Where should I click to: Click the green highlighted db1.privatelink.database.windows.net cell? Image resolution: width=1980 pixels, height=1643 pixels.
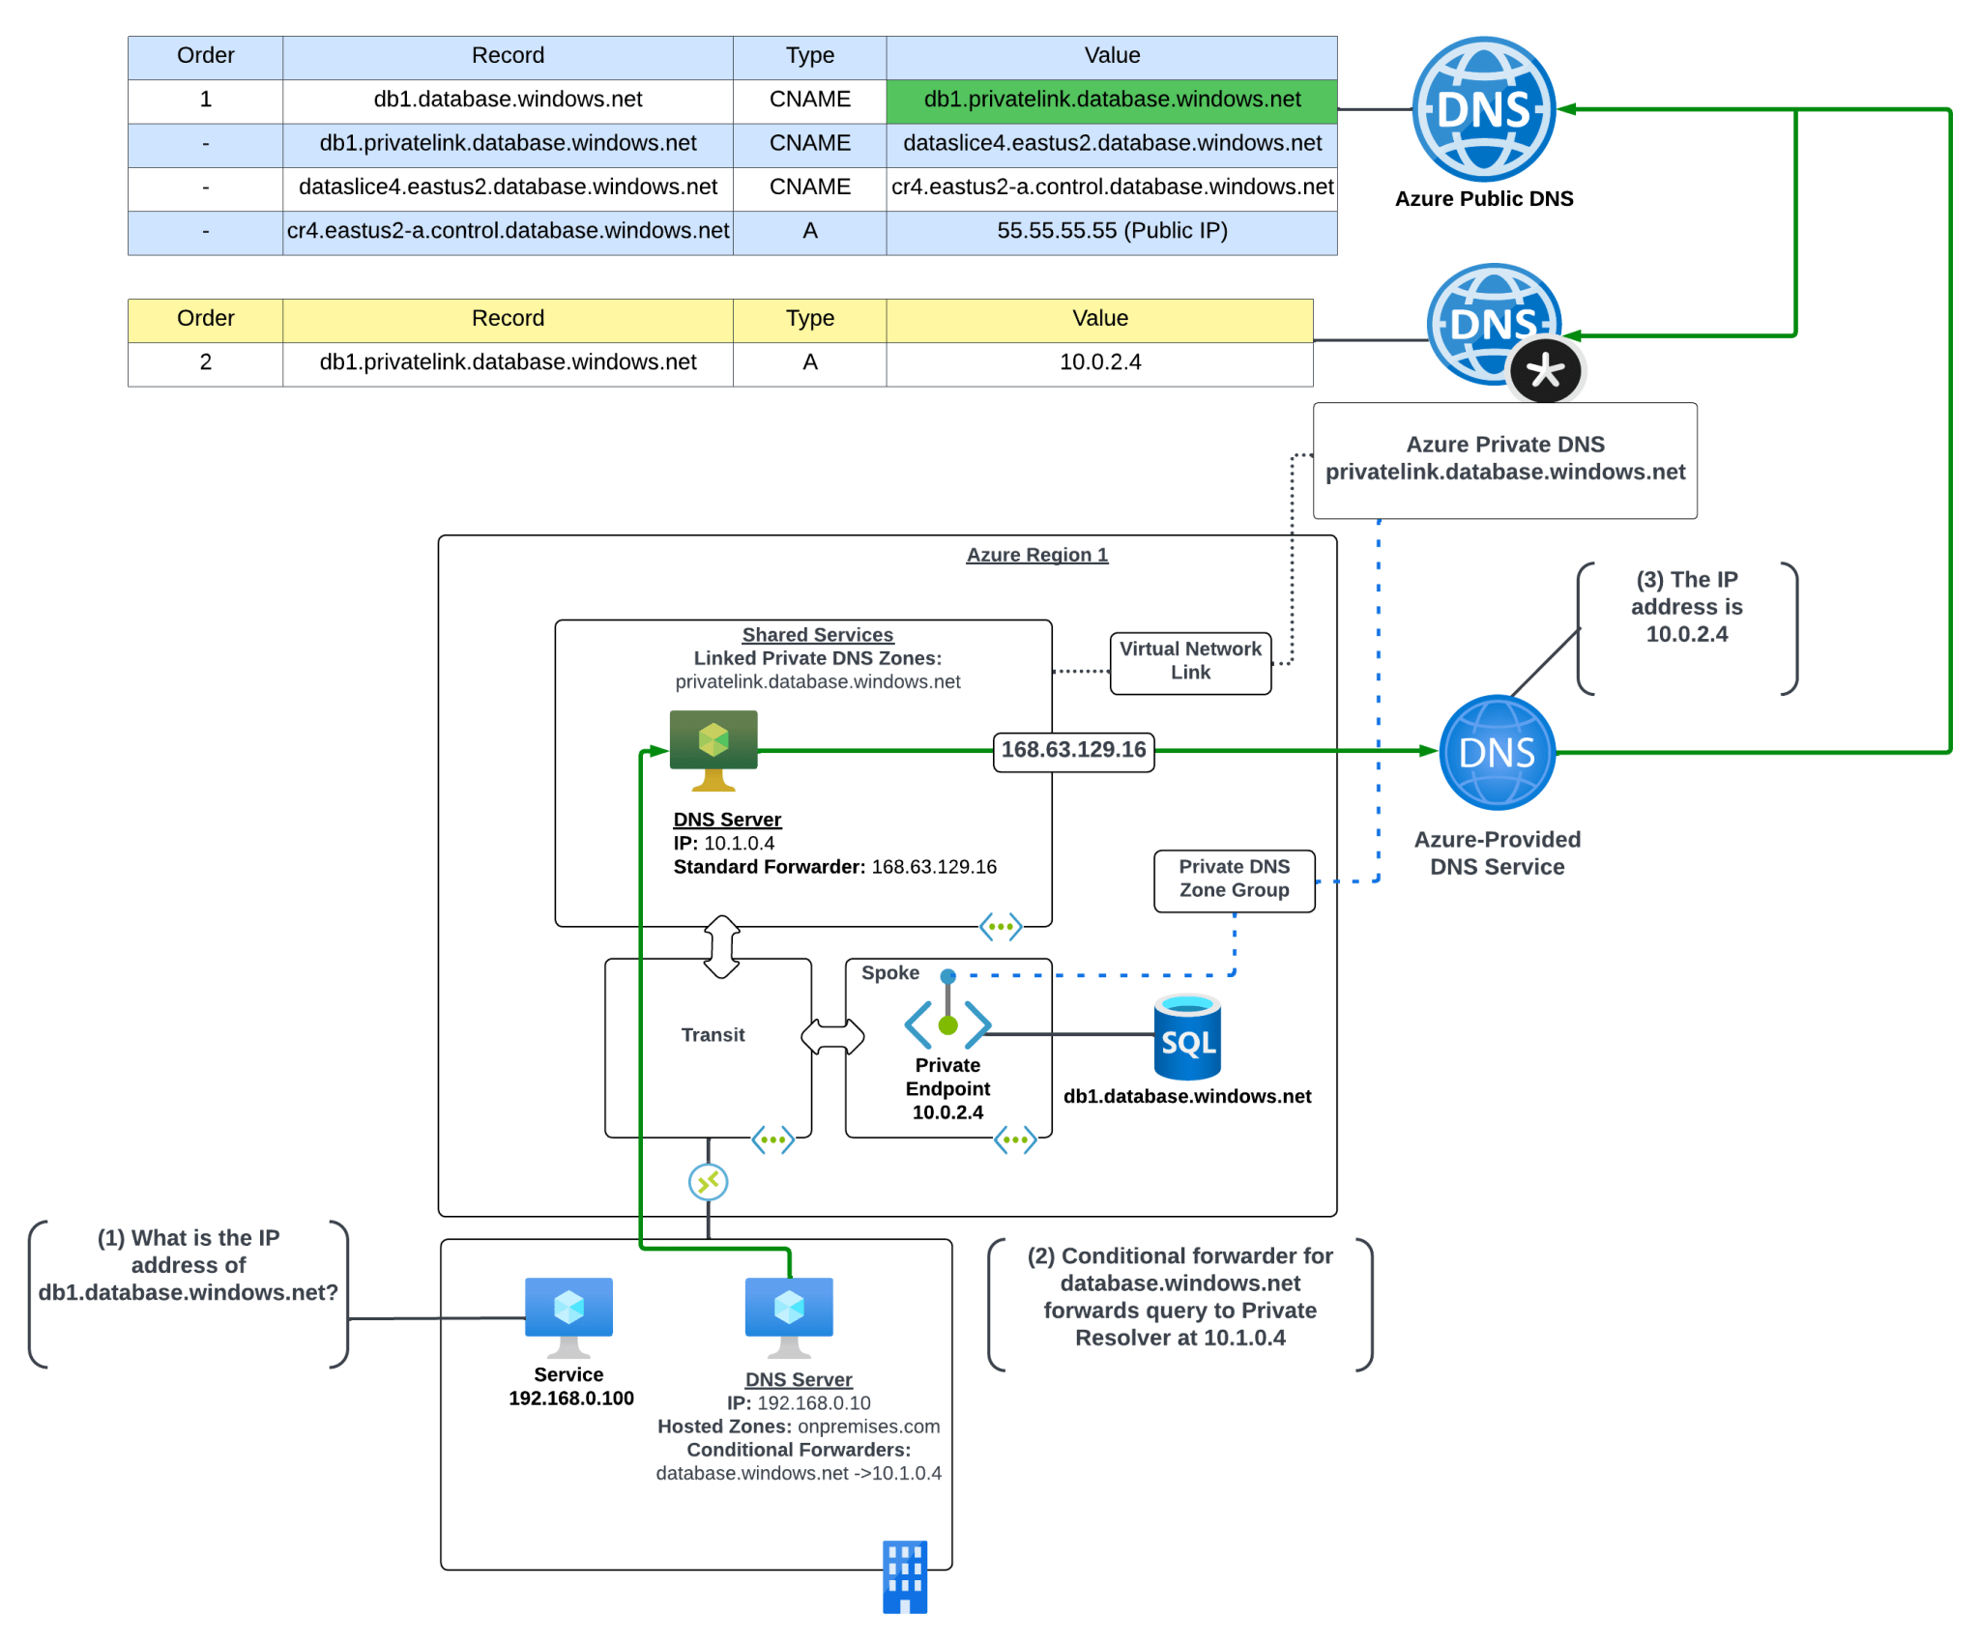1111,100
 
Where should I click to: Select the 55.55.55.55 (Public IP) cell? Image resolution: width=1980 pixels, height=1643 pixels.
1111,231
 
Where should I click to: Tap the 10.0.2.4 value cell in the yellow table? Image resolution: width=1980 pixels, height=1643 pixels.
1099,362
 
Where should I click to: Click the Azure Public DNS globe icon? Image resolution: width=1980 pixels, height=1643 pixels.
1483,109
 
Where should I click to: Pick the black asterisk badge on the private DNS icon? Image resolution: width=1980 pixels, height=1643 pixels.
1545,371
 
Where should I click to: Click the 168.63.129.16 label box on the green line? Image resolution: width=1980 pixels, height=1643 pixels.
1073,751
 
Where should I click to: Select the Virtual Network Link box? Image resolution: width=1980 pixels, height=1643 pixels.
1190,662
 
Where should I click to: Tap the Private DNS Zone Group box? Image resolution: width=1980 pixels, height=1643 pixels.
1234,879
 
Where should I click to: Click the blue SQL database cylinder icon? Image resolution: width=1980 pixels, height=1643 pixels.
1187,1038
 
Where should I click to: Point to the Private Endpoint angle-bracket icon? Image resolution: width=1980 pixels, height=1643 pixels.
947,1023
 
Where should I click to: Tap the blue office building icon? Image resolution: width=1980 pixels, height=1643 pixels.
904,1576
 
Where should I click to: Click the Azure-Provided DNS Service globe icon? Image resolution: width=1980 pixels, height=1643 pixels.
1497,753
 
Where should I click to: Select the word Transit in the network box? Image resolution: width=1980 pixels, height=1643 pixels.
713,1035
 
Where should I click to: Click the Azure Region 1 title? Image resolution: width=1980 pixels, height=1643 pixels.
1036,555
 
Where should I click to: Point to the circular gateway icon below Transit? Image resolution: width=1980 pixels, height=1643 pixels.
708,1182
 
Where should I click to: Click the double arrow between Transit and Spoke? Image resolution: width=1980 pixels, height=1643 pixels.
831,1037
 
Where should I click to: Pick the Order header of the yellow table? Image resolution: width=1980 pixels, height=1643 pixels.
205,319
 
